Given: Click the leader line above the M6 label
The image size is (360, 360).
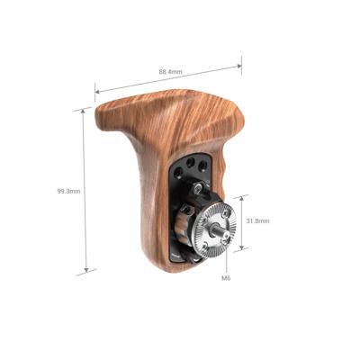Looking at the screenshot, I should [225, 261].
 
